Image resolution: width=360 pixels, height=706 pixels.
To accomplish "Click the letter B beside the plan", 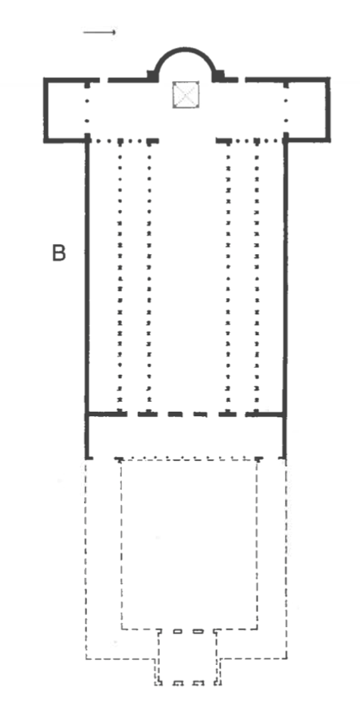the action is click(x=59, y=253).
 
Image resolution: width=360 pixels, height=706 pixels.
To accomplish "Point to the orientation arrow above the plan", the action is click(x=99, y=32).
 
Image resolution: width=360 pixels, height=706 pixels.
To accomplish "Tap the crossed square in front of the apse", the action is click(x=186, y=95).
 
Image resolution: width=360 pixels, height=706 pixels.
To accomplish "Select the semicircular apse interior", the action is click(x=184, y=67).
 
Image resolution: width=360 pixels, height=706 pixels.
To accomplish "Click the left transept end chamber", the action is click(x=66, y=110).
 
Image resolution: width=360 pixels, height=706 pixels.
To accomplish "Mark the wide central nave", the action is click(x=188, y=277).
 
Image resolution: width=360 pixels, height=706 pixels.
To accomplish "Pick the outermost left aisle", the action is click(x=103, y=277).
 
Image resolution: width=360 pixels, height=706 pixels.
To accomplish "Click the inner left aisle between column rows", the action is click(x=134, y=277).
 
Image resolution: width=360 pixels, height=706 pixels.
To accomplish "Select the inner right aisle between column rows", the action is click(x=242, y=277).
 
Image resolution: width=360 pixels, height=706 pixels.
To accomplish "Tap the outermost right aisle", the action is click(x=270, y=277).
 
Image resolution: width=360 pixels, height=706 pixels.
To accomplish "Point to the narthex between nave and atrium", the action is click(x=186, y=436).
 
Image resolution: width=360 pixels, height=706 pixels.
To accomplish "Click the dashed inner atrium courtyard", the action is click(x=189, y=544).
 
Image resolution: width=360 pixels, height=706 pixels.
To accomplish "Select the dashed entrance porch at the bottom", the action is click(x=188, y=657).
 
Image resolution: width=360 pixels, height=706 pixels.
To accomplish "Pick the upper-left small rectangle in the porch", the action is click(x=178, y=632).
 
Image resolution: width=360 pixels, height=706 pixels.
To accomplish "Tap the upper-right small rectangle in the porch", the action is click(x=198, y=632).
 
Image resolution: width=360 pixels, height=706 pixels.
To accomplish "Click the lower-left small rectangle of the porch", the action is click(x=178, y=683).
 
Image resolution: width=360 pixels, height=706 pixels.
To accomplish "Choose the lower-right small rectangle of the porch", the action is click(x=199, y=683).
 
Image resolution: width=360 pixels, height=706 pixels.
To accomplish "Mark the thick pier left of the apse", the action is click(x=152, y=76).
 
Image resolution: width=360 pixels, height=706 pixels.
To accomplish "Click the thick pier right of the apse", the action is click(x=218, y=76).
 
